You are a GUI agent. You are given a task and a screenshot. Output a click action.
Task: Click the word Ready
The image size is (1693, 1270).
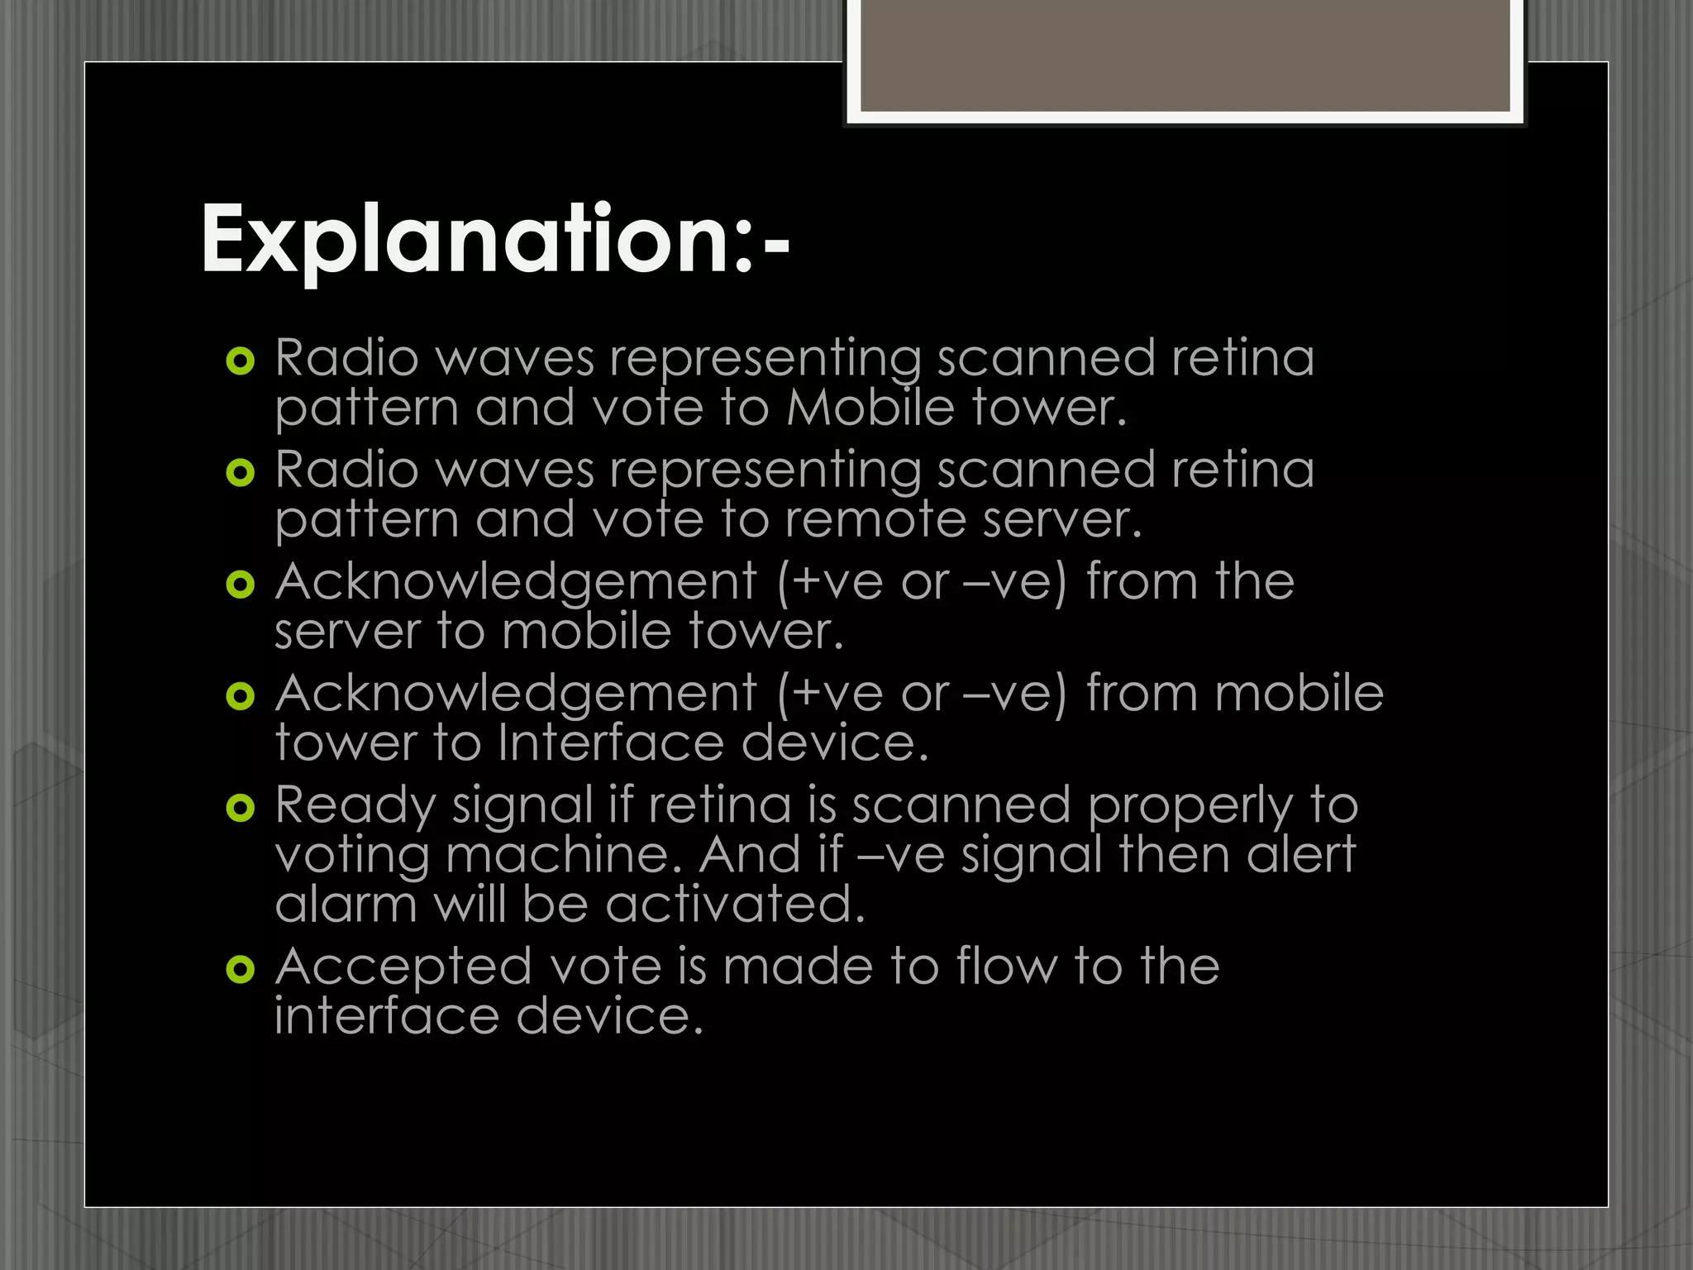coord(354,805)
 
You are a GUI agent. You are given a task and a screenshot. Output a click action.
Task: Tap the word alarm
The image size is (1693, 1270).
coord(346,905)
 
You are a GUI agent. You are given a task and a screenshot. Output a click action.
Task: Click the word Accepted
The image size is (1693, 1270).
coord(403,967)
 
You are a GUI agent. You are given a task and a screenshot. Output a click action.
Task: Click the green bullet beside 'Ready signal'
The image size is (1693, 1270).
coord(241,807)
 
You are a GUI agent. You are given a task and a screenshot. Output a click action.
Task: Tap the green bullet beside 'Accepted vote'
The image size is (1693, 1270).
coord(241,968)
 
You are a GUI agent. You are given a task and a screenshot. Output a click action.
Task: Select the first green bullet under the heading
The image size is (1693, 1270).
coord(241,360)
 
